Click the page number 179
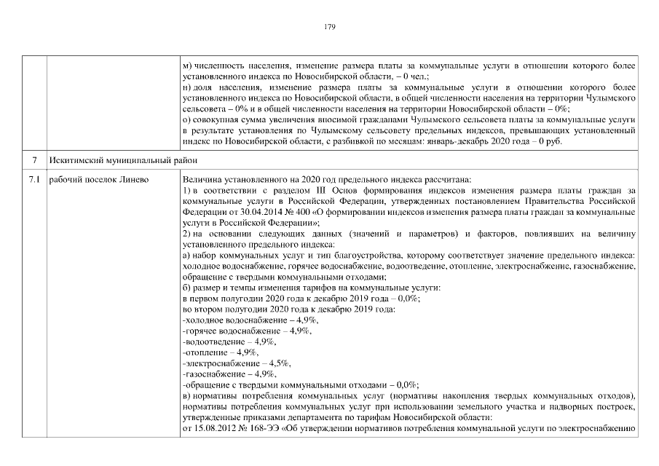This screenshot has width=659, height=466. click(329, 26)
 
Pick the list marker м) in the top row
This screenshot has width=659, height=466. click(187, 65)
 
